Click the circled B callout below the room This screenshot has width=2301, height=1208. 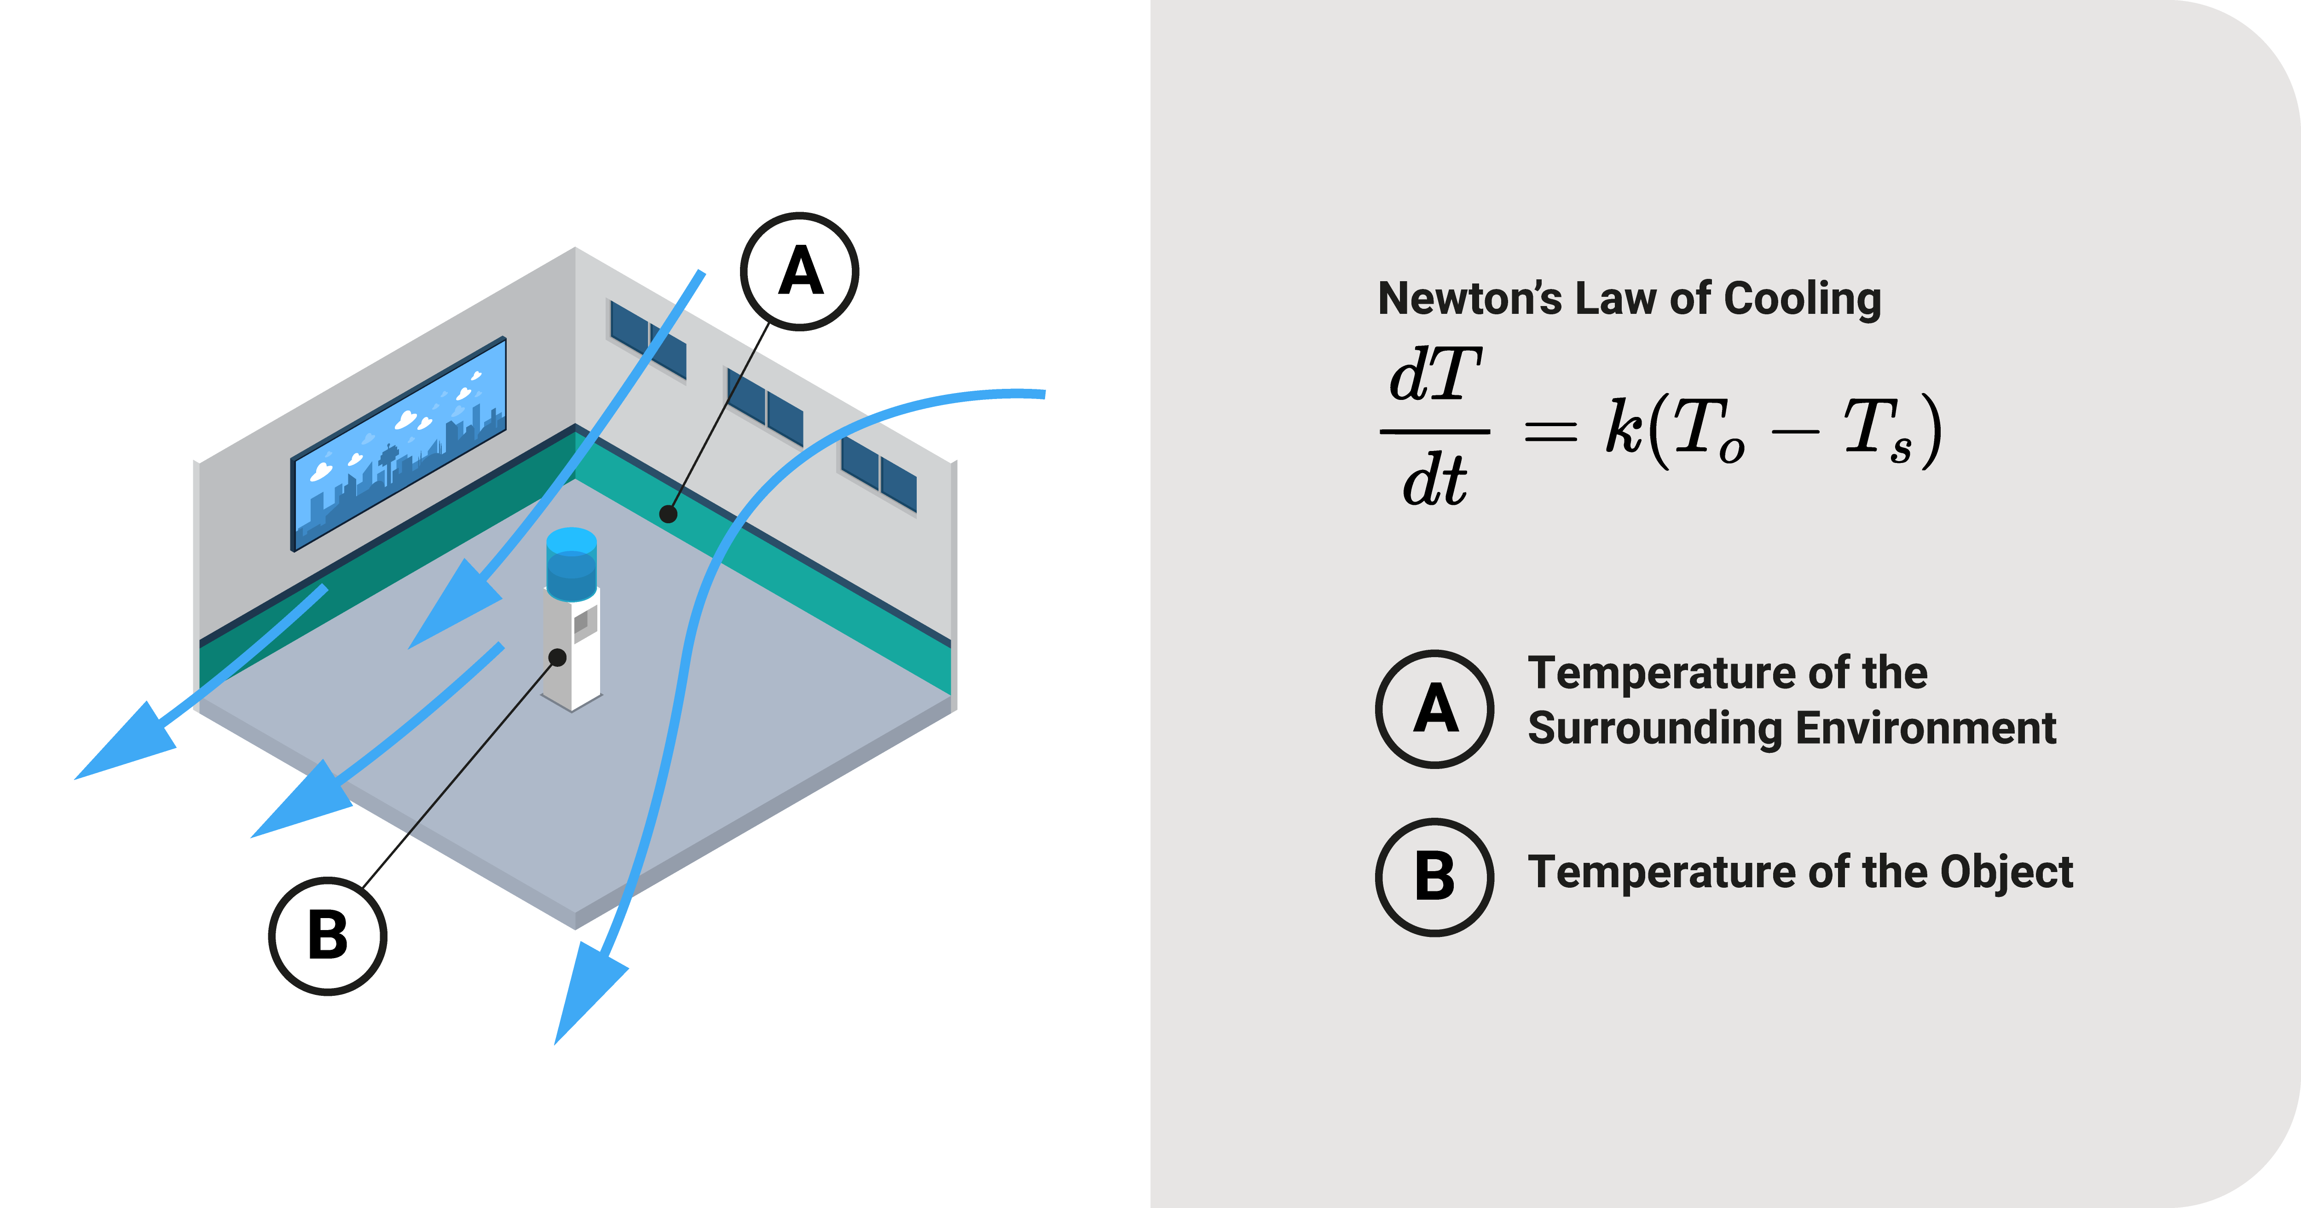[x=328, y=936]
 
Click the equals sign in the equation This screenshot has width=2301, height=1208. [x=1550, y=432]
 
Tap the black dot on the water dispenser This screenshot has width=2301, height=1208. [x=557, y=658]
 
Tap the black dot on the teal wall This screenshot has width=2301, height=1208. [x=668, y=514]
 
